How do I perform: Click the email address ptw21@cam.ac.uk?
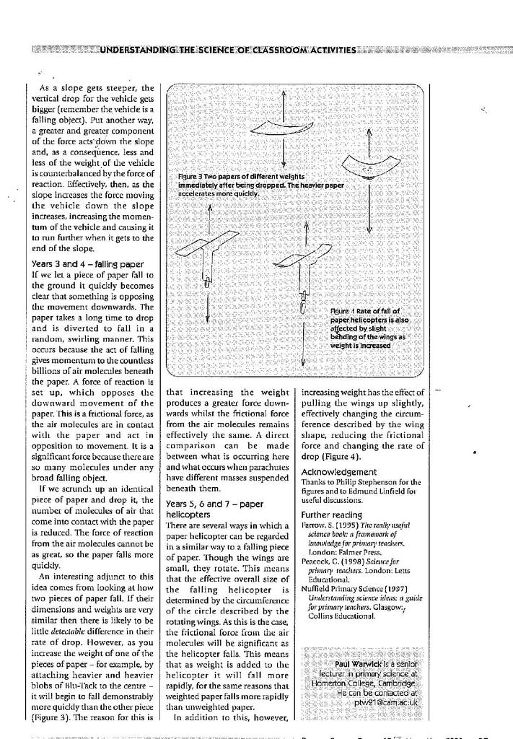(385, 701)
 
